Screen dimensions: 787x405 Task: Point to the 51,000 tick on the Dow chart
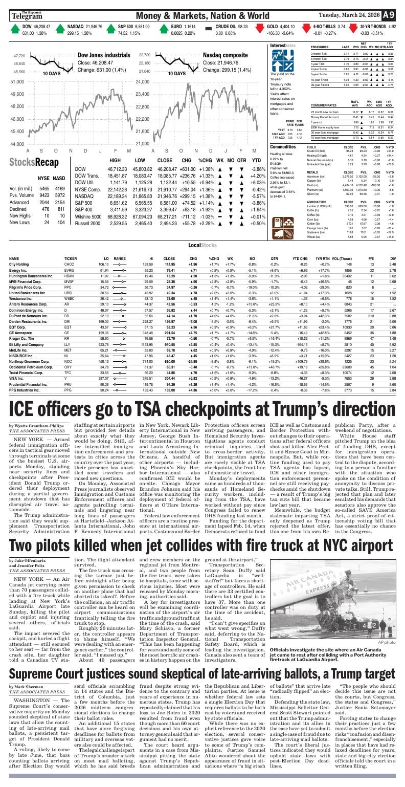coord(17,82)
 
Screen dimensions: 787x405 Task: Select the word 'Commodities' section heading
coord(282,147)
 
